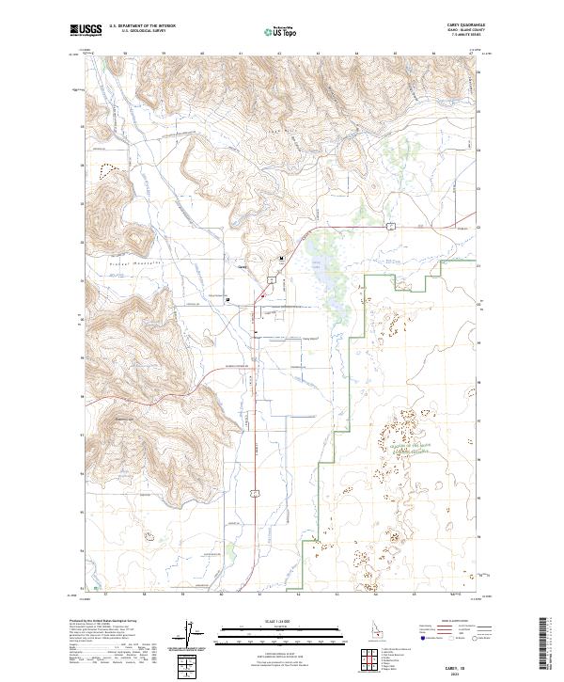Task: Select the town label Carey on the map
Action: click(241, 266)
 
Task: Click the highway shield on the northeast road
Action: click(388, 225)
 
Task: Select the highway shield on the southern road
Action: click(254, 491)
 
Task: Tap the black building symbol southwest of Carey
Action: click(228, 298)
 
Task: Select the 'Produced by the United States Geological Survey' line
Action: click(99, 621)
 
